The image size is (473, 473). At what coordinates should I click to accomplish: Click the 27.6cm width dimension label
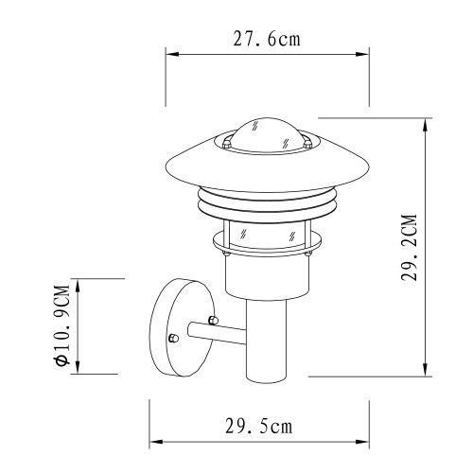(x=267, y=40)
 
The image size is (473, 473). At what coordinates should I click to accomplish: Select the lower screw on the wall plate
(x=171, y=338)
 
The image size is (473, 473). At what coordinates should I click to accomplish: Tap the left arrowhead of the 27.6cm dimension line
(x=171, y=56)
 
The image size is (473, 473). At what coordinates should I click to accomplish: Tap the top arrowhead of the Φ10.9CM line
(x=79, y=283)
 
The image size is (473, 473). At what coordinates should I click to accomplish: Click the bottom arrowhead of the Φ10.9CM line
(x=79, y=370)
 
